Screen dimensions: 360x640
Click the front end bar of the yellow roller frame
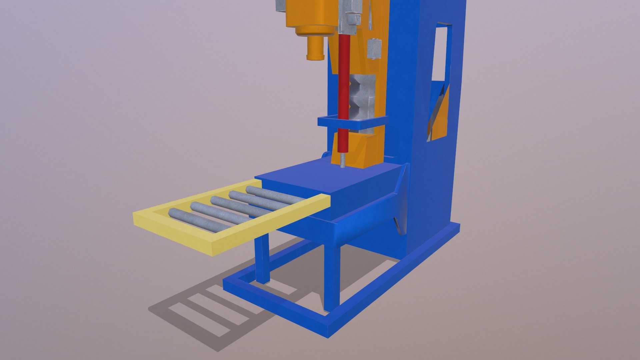click(x=173, y=233)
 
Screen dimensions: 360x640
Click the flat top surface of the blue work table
click(x=320, y=177)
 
